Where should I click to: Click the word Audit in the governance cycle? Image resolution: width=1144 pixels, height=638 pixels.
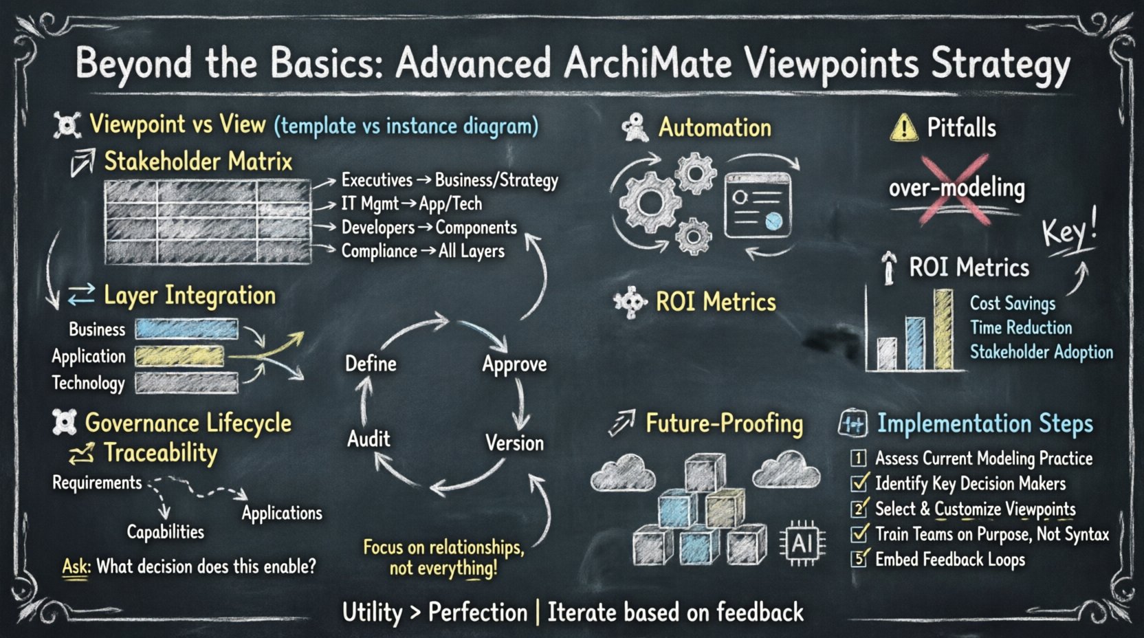(368, 439)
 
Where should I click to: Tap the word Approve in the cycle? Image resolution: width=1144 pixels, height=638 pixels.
(514, 364)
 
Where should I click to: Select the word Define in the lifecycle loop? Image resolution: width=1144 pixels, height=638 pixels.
(371, 364)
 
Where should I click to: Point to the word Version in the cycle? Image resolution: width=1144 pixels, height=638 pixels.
(514, 443)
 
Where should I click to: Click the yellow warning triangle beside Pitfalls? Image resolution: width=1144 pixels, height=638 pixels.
(903, 128)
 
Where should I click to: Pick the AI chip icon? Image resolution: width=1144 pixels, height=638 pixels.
(802, 544)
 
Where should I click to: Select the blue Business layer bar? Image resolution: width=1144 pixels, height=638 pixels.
(186, 329)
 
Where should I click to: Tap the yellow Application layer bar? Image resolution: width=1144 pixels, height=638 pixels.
(179, 356)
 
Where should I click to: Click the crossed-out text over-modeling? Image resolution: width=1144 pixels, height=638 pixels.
(956, 188)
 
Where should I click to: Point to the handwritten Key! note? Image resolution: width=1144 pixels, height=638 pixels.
(1069, 231)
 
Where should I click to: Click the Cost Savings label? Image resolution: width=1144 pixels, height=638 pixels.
(1012, 303)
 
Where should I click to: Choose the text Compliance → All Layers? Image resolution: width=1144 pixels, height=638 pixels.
(423, 251)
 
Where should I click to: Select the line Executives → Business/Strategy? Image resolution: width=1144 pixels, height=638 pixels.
(450, 180)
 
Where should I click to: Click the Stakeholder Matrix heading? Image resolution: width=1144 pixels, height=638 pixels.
(198, 162)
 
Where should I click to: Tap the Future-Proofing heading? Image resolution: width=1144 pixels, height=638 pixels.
(724, 423)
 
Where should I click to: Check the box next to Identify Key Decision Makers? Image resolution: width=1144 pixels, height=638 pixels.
(859, 483)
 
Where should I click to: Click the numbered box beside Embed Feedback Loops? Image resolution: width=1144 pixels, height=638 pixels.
(859, 559)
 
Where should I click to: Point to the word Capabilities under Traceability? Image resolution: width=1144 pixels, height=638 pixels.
(165, 531)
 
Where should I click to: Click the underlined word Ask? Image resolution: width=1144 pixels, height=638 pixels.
(76, 566)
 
